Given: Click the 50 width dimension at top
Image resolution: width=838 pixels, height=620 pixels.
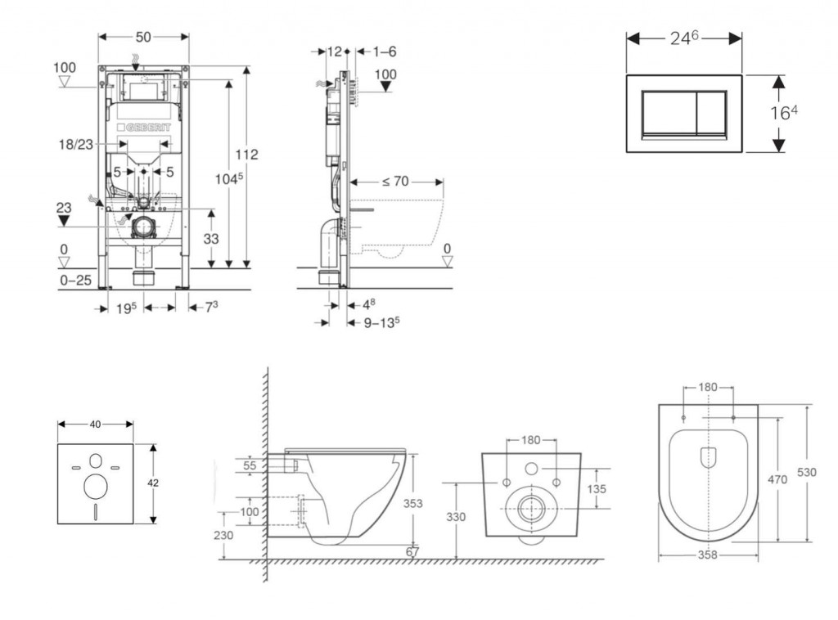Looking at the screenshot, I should point(143,38).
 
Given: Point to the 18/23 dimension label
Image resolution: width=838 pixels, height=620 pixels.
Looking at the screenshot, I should point(75,144).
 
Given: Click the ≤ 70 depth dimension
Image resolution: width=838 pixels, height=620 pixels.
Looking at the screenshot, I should point(394,182).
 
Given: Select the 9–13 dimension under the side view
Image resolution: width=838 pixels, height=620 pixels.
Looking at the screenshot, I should point(381,321).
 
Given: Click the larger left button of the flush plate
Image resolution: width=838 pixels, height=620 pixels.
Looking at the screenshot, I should point(667,113).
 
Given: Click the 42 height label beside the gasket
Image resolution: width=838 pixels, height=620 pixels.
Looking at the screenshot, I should point(153,483).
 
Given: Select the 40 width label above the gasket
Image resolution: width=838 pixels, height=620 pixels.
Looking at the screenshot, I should point(95,424).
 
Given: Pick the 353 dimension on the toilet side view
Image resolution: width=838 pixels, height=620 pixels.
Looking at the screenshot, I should point(413,504).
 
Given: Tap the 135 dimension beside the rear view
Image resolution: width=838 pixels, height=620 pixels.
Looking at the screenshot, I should point(597,489).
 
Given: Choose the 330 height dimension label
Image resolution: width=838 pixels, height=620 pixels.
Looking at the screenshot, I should point(456,517).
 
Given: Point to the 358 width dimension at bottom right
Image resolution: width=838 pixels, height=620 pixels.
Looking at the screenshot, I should point(708,555).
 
